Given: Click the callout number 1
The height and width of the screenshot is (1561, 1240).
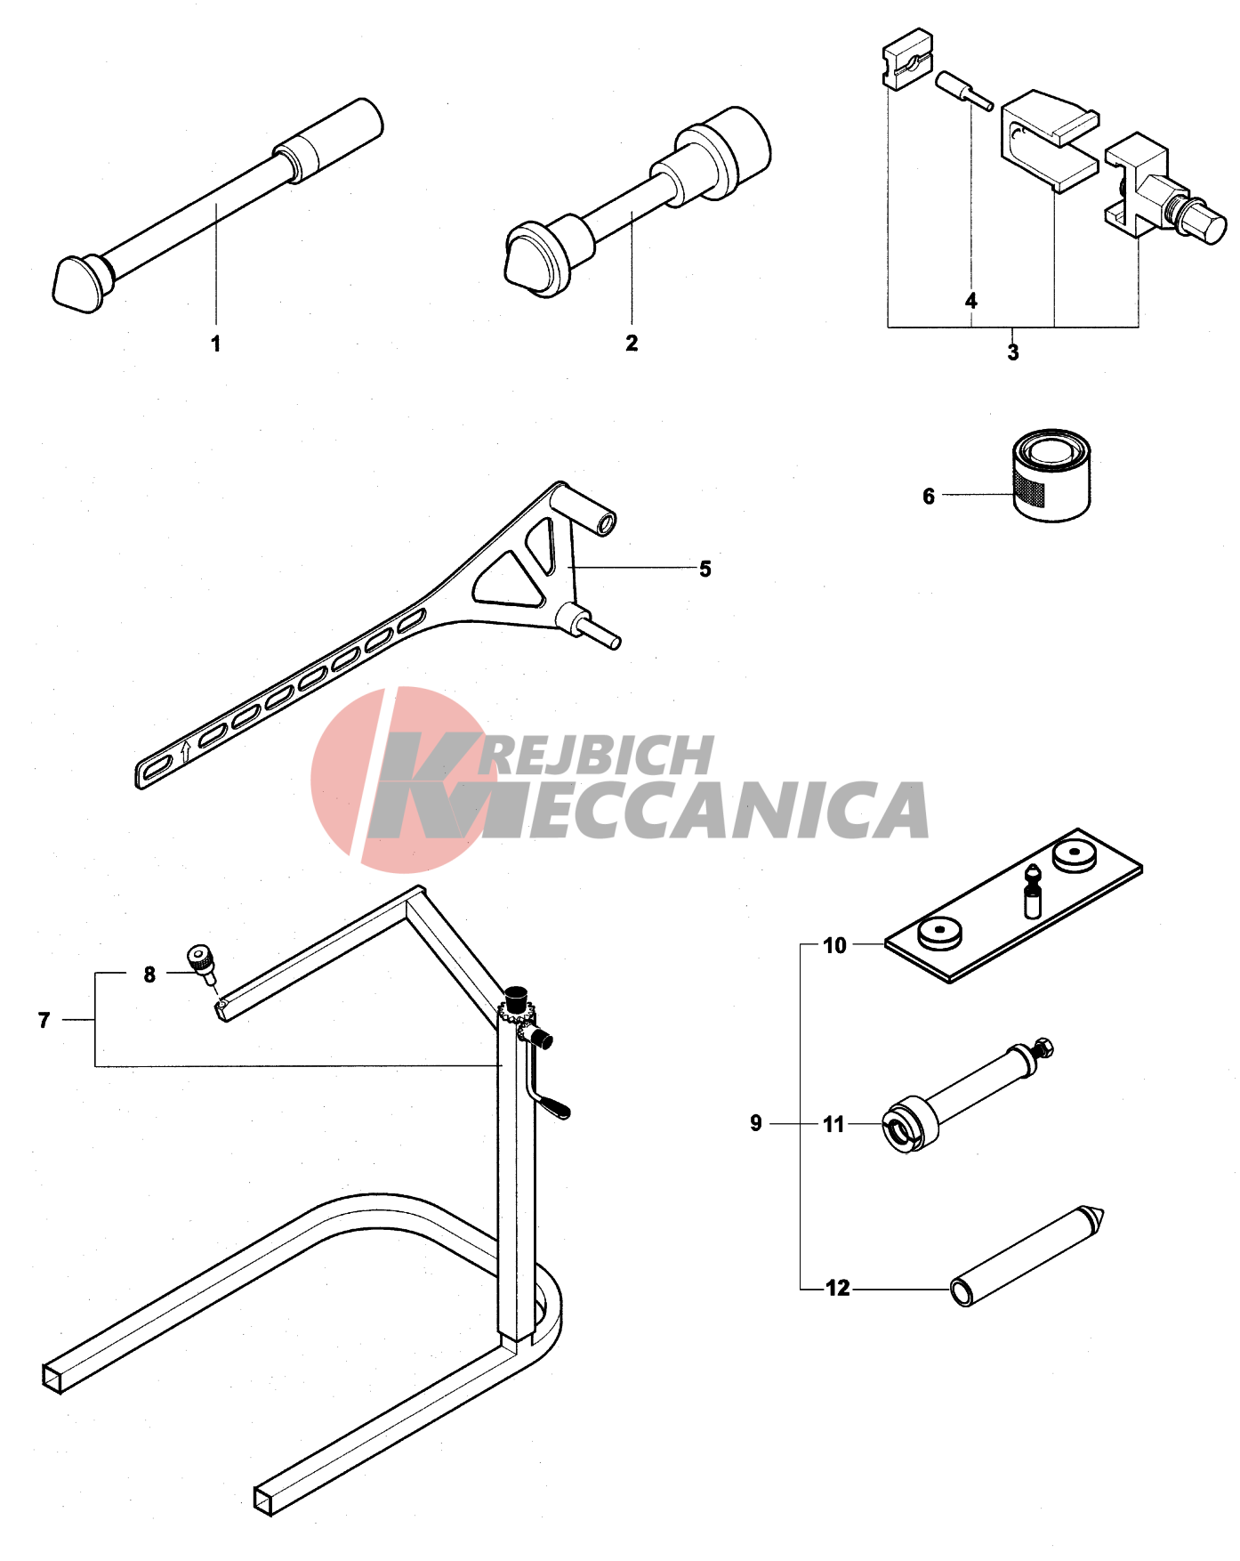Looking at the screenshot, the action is (x=215, y=344).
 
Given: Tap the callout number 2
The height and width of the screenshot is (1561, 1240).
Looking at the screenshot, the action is (x=632, y=343).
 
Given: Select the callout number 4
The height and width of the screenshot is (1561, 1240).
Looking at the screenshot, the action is (x=971, y=301).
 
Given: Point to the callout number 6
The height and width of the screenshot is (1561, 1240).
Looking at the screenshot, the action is (x=929, y=496).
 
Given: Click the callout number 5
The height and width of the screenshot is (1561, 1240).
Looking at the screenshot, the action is (x=705, y=569).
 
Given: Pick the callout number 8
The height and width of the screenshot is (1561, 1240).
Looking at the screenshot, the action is (x=149, y=975).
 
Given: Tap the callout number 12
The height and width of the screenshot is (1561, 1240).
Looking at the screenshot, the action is (x=838, y=1288).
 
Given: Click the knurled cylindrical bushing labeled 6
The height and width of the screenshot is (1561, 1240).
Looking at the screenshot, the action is (x=1051, y=475).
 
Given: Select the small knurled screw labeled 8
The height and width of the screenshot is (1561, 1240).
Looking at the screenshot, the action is (x=203, y=964).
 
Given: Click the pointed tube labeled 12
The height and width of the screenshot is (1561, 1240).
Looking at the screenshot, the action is (x=1027, y=1256).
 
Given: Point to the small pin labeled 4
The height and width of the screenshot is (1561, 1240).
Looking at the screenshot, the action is (x=963, y=92).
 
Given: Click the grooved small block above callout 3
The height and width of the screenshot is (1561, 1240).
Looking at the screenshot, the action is (x=908, y=61).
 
